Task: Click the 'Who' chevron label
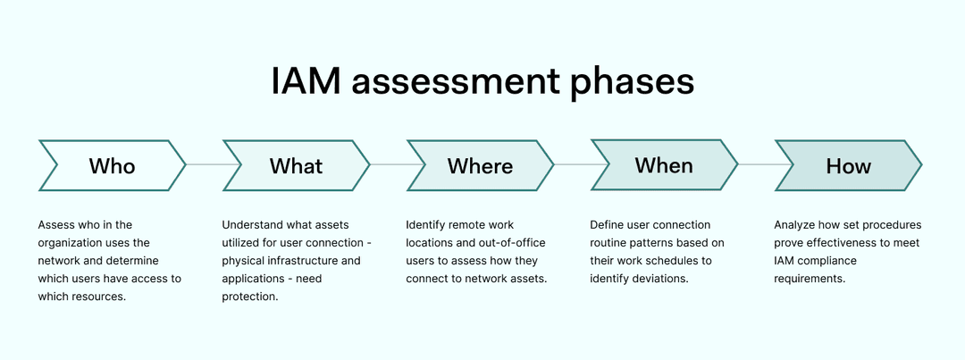point(112,166)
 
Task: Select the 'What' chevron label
point(296,166)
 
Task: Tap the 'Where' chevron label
point(480,166)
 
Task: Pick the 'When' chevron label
point(663,165)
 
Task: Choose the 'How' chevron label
point(847,166)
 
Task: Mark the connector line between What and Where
point(388,165)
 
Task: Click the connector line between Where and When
point(572,165)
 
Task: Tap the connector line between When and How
point(756,165)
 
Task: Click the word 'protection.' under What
point(250,297)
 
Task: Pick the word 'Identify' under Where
point(427,225)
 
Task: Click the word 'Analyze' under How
point(794,225)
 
